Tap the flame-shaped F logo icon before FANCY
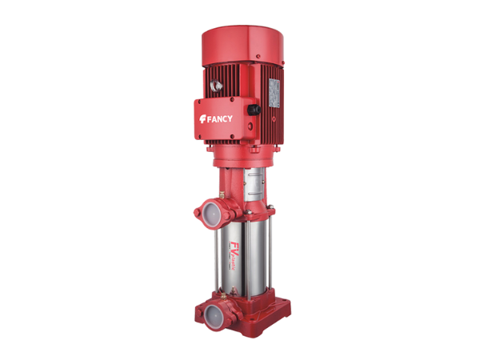tap(203, 119)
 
